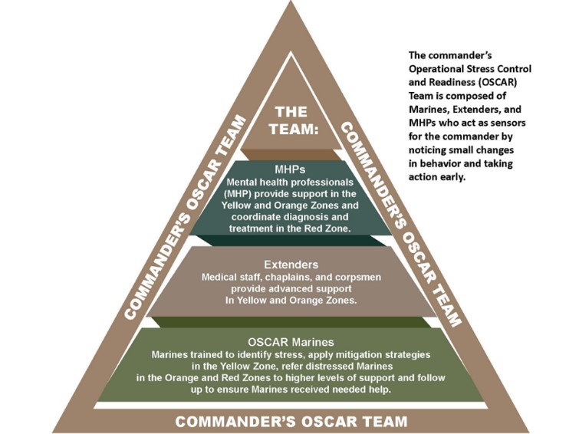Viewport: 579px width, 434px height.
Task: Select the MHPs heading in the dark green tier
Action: point(290,168)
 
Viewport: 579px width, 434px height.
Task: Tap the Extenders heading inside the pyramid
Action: point(290,264)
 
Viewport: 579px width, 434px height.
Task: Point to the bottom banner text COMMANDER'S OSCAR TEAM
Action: point(291,421)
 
